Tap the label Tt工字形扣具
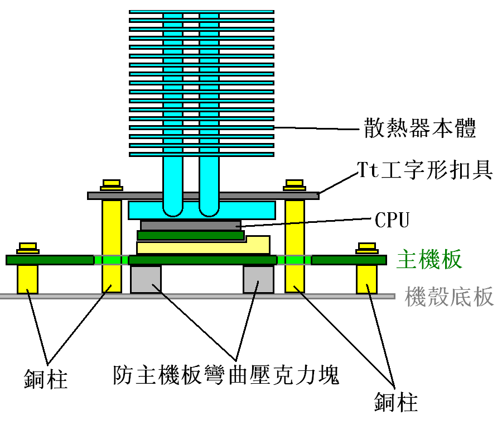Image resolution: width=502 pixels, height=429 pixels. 424,169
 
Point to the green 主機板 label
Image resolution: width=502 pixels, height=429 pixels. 429,260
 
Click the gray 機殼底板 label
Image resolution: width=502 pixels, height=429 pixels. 450,296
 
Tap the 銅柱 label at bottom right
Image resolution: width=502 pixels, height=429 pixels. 395,401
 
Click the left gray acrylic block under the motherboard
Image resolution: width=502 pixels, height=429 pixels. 146,279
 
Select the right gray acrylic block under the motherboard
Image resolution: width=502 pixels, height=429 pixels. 258,279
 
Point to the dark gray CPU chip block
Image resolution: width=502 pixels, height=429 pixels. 190,225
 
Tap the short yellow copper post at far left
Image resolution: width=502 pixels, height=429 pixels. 27,279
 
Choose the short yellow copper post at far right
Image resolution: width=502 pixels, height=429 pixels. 366,279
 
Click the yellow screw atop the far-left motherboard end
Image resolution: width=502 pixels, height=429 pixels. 27,247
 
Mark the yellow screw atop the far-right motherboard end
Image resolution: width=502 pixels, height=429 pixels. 367,247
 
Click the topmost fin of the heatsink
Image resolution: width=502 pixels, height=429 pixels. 201,11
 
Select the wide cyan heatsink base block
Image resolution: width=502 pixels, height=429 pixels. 201,210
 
